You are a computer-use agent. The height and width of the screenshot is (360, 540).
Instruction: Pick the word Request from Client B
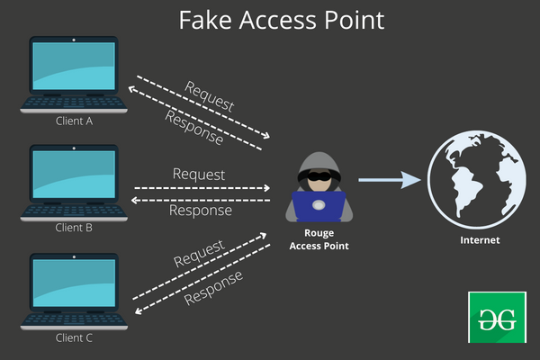199,174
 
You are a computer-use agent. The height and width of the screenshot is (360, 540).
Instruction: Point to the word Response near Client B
201,211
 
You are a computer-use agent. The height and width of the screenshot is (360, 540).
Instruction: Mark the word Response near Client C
213,286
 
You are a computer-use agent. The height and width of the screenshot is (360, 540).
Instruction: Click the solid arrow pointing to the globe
389,181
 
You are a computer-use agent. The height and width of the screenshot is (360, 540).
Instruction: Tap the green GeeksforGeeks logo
493,317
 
